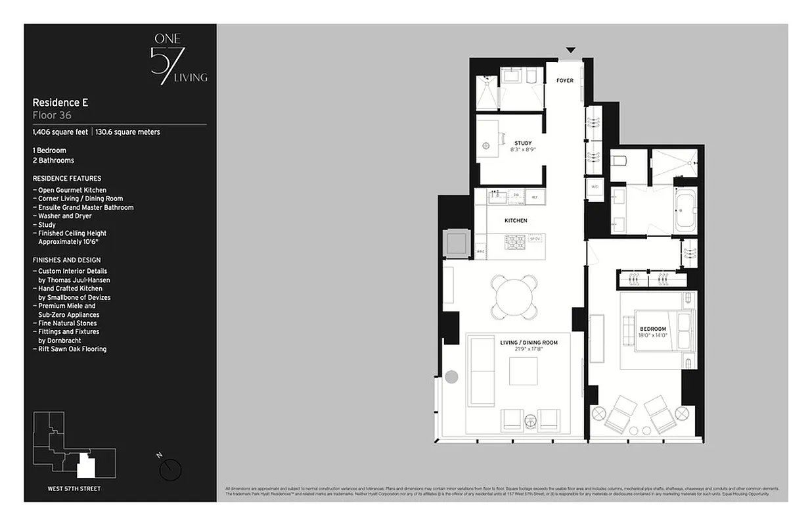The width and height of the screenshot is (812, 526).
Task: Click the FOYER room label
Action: [565, 81]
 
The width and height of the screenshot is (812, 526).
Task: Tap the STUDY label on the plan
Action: [523, 143]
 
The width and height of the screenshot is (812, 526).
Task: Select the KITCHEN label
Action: [516, 221]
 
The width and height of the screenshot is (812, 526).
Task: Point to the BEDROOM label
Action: [652, 329]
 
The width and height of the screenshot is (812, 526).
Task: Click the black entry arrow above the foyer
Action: [571, 50]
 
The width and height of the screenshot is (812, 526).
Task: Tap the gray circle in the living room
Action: [451, 377]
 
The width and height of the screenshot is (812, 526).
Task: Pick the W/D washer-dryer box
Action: [595, 187]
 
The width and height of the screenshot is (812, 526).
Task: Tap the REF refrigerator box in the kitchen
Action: [534, 196]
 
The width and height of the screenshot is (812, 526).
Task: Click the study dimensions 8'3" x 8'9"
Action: [523, 150]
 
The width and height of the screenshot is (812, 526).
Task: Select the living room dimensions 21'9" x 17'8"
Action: [528, 350]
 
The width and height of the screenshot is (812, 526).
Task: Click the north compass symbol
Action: [171, 467]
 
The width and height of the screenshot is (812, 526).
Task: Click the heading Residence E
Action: [60, 103]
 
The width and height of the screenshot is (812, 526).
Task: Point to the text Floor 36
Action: [52, 115]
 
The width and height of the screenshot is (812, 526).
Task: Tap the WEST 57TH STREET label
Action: [74, 489]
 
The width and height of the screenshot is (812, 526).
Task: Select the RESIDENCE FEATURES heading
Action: [67, 178]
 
